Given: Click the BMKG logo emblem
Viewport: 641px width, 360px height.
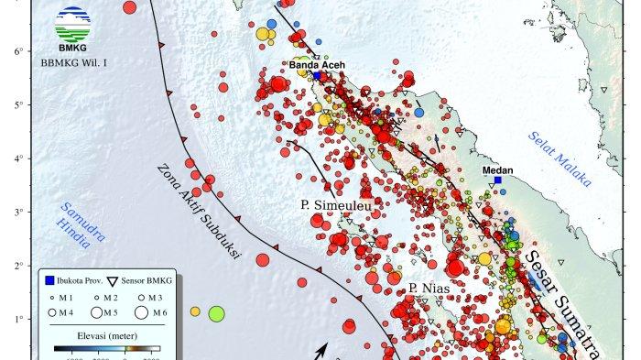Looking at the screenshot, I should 73,22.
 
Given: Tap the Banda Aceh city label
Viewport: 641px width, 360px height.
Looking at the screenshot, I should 317,65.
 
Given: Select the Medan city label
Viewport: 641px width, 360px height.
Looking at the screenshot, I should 497,169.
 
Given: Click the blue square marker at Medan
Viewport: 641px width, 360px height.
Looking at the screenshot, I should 498,180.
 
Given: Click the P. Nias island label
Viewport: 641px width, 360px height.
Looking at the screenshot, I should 427,289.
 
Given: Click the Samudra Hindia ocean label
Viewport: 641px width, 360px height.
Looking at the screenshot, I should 83,232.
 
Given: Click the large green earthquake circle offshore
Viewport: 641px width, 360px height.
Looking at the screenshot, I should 216,314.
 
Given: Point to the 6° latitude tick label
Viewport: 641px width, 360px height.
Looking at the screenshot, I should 17,50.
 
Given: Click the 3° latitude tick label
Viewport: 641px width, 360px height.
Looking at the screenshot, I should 17,212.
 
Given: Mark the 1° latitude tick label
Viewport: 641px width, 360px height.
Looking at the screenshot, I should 17,319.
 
